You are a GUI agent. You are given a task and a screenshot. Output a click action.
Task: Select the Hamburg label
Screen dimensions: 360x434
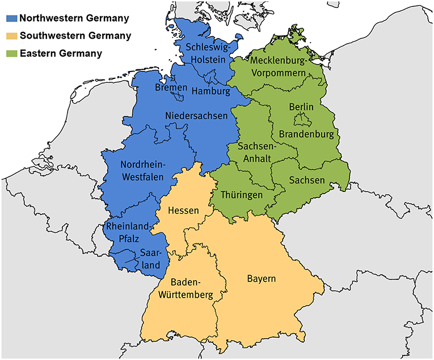coord(210,91)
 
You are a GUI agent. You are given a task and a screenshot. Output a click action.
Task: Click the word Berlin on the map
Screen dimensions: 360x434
coord(301,107)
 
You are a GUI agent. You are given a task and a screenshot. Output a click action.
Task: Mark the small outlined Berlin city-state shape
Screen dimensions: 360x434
coord(300,120)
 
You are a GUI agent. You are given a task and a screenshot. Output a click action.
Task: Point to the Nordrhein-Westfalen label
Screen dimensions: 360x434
coord(142,171)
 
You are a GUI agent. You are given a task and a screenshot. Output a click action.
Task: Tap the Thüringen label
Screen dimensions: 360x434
coord(242,195)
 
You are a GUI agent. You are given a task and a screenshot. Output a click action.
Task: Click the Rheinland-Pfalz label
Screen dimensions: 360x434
coord(128,233)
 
